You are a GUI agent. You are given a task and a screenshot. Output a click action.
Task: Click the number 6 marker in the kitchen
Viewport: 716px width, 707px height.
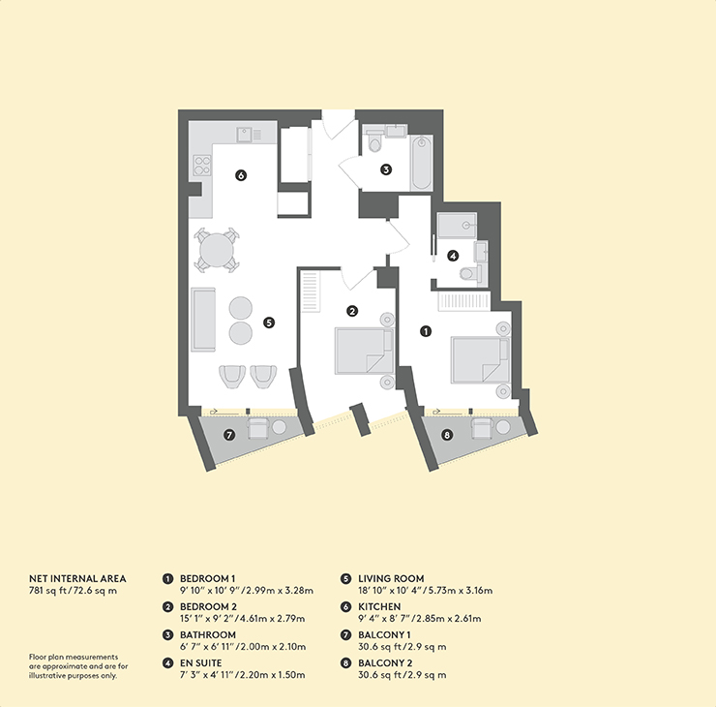point(241,175)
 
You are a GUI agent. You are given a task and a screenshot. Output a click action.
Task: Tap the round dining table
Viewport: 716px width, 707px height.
point(217,250)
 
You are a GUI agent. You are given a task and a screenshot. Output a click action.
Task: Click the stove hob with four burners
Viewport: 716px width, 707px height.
point(202,165)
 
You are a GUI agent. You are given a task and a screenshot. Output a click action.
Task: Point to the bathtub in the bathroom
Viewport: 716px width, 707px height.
point(421,163)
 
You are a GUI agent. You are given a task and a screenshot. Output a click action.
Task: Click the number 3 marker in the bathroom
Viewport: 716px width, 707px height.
point(386,169)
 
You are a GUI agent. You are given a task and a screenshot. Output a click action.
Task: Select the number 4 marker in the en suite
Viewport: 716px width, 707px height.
point(453,256)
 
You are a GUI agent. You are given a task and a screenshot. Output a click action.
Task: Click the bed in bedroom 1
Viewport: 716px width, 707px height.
point(480,359)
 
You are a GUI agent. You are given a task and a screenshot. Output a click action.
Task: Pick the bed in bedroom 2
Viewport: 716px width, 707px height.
point(364,351)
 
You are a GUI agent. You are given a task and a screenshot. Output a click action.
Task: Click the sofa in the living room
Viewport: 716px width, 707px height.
point(203,320)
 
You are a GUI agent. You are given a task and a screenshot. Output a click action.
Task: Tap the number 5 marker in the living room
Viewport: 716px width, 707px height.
point(269,323)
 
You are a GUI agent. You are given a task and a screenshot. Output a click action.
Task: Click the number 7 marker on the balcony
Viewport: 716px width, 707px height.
point(229,435)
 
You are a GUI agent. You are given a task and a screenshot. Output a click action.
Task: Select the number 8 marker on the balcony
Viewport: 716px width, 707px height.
point(447,435)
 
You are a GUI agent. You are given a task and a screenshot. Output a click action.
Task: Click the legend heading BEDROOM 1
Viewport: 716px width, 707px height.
point(208,578)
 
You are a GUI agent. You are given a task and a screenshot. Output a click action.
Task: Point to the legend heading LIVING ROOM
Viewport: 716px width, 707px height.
point(391,578)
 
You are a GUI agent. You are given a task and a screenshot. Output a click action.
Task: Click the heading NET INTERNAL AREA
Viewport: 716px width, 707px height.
point(77,578)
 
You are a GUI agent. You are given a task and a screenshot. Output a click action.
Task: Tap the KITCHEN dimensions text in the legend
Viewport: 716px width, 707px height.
point(420,619)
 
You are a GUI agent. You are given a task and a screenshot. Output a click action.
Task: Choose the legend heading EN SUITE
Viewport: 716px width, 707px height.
point(200,663)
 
